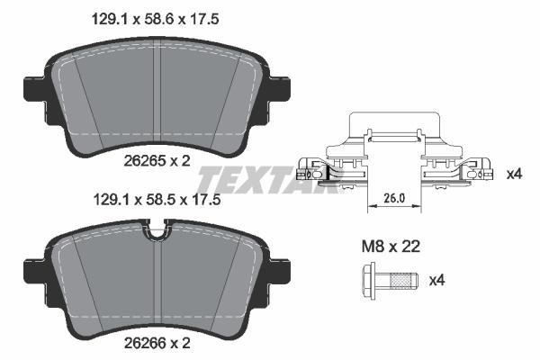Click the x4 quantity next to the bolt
tap(436, 281)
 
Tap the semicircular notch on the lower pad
tap(158, 235)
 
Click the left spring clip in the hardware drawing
tap(317, 167)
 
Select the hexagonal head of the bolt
tap(369, 280)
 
